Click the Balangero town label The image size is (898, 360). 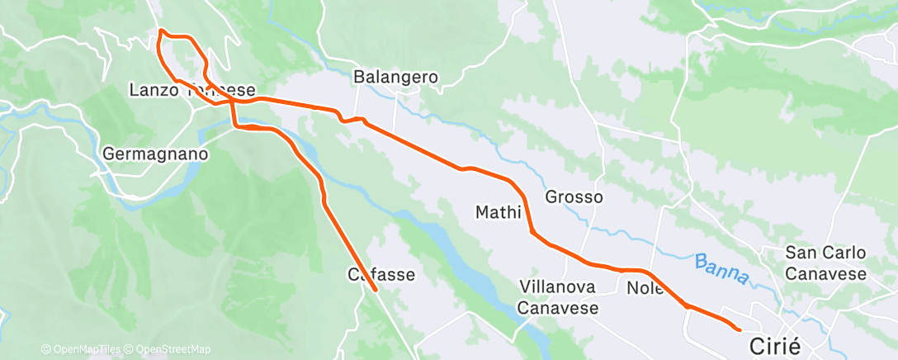395,77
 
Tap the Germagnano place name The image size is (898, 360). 155,154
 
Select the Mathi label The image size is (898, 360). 498,212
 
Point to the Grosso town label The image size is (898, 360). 574,197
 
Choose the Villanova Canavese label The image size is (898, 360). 559,296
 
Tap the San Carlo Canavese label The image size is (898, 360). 825,263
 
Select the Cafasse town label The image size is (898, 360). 380,274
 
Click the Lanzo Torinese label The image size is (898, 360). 191,90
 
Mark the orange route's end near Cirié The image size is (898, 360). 739,329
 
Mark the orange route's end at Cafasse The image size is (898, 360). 376,290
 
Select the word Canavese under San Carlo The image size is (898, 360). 825,273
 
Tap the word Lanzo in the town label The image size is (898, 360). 154,90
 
